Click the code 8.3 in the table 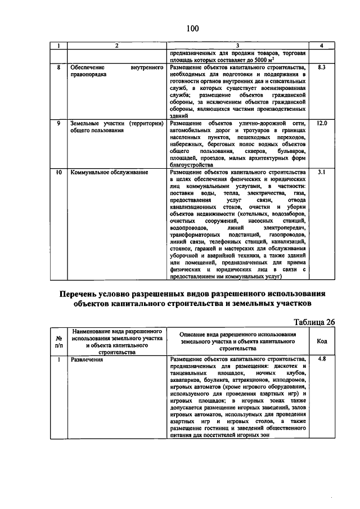(x=322, y=67)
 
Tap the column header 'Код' (x=322, y=341)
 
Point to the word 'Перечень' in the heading (x=84, y=294)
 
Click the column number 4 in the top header (x=322, y=45)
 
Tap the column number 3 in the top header (x=237, y=45)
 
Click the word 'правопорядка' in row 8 (x=88, y=74)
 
